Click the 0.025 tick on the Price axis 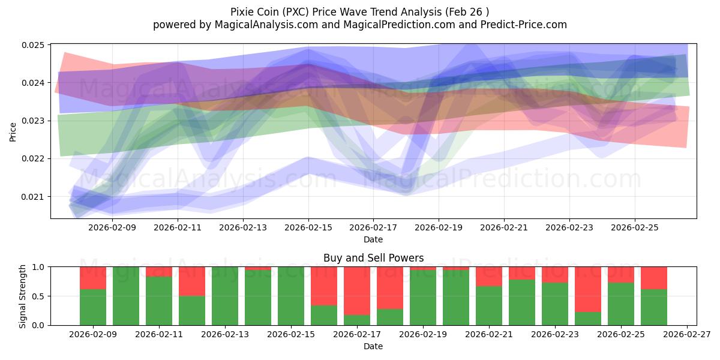pyautogui.click(x=36, y=45)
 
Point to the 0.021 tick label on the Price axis pyautogui.click(x=36, y=197)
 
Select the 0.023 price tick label pyautogui.click(x=36, y=121)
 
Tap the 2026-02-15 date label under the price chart pyautogui.click(x=308, y=228)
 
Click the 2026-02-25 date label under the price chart pyautogui.click(x=635, y=228)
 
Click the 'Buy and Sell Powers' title pyautogui.click(x=373, y=258)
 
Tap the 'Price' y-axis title pyautogui.click(x=14, y=131)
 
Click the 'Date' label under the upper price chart pyautogui.click(x=373, y=239)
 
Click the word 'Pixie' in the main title pyautogui.click(x=242, y=12)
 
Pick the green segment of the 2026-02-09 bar pyautogui.click(x=93, y=307)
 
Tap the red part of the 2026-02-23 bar pyautogui.click(x=555, y=275)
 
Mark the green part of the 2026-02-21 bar pyautogui.click(x=489, y=305)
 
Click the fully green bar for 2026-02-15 pyautogui.click(x=291, y=296)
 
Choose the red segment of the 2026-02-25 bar pyautogui.click(x=621, y=274)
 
